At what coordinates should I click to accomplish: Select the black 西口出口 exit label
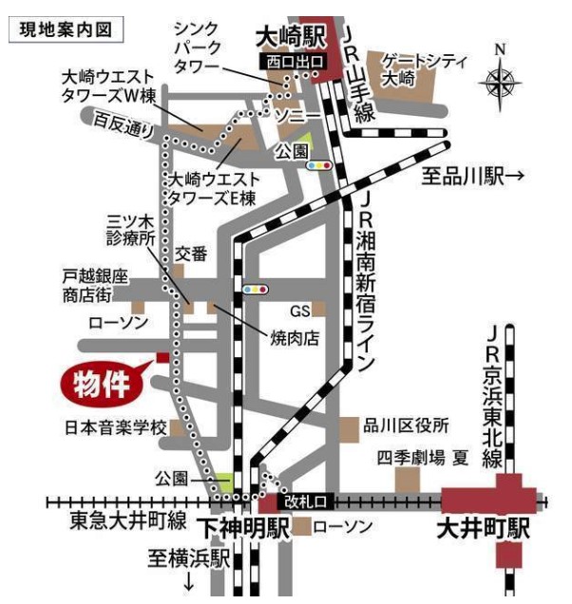click(x=295, y=61)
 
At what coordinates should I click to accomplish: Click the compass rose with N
click(x=501, y=81)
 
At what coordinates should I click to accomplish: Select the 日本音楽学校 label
click(x=116, y=425)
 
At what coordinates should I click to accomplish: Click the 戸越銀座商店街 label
click(x=95, y=284)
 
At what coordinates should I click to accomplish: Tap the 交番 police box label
click(x=191, y=254)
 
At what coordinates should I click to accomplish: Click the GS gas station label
click(x=300, y=310)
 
